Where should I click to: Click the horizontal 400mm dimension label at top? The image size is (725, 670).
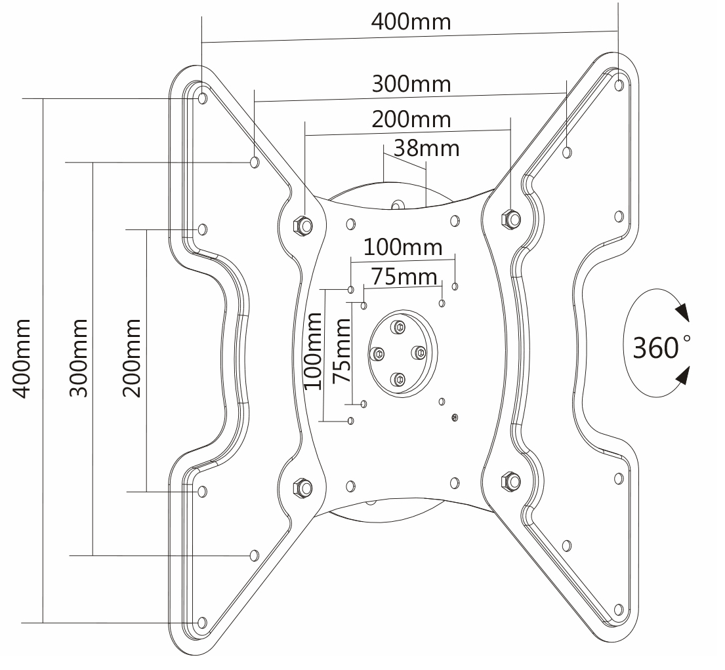[x=411, y=22]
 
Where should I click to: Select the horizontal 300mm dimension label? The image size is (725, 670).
[x=411, y=84]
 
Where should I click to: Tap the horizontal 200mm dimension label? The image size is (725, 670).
[x=411, y=120]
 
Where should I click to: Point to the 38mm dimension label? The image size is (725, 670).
[x=426, y=148]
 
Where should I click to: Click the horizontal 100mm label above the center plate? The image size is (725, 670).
[x=403, y=247]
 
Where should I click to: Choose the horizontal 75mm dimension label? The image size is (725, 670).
[x=405, y=277]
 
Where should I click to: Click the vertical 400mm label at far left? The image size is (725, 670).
[x=21, y=358]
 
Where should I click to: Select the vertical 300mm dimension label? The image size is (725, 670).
[x=79, y=358]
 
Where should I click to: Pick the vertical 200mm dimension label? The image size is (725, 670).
[x=132, y=358]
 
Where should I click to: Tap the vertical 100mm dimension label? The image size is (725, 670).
[x=313, y=351]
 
